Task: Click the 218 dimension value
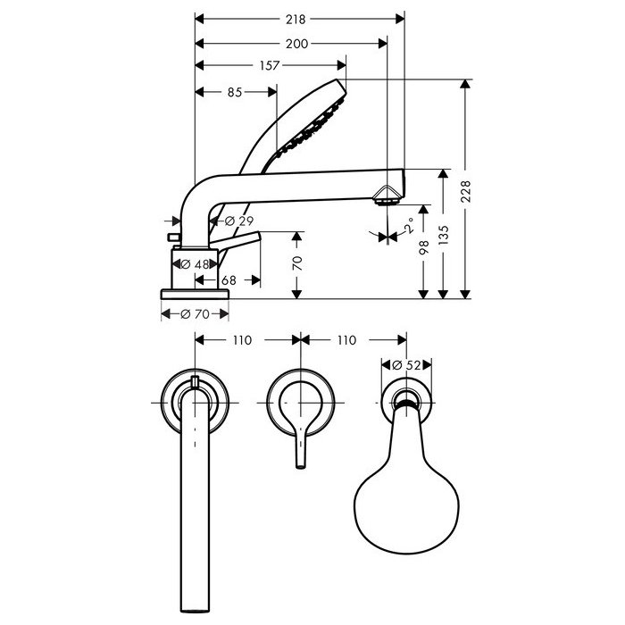(x=296, y=19)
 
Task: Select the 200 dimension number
(x=297, y=44)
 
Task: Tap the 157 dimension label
(x=270, y=65)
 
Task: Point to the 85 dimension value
(x=235, y=93)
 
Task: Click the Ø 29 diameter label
(x=239, y=221)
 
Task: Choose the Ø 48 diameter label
(x=195, y=264)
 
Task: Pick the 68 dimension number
(x=229, y=280)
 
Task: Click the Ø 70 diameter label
(x=195, y=314)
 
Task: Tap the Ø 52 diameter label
(x=406, y=365)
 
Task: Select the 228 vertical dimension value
(x=466, y=191)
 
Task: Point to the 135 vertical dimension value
(x=444, y=235)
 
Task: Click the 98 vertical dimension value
(x=424, y=247)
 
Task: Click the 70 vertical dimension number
(x=297, y=263)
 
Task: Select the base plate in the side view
(x=195, y=294)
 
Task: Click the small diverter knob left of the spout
(x=173, y=237)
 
